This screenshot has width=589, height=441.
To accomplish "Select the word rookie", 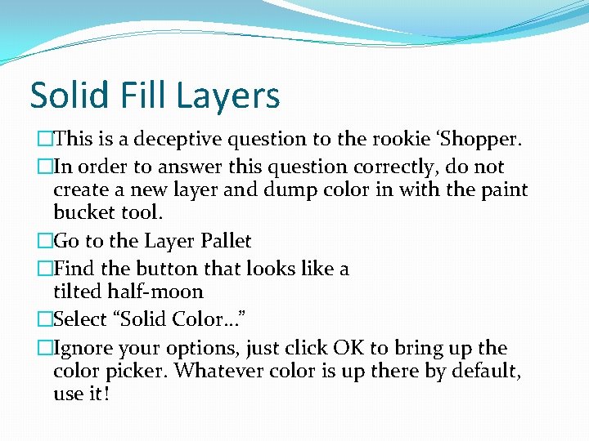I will (381, 140).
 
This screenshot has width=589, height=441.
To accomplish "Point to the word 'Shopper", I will (472, 140).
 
